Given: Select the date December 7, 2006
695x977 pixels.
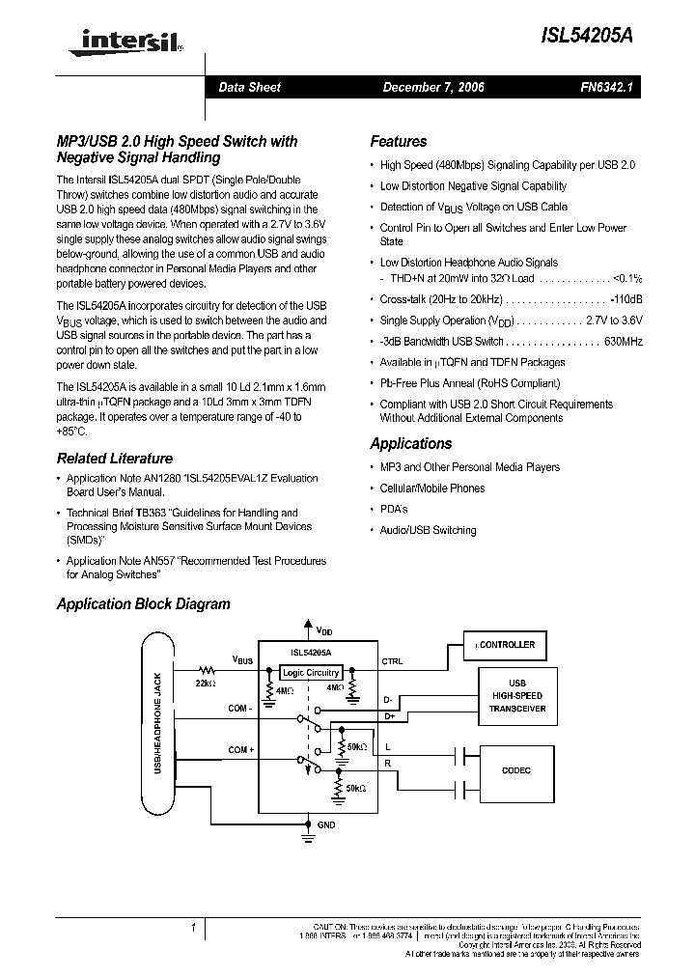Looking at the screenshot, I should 433,87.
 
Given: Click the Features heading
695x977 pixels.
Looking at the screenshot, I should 399,141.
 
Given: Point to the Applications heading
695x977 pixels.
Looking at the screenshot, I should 411,444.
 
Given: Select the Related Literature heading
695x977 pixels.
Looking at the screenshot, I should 115,459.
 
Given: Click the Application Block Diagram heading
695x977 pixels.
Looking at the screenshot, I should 144,604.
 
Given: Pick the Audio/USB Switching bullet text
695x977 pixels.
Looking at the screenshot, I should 428,530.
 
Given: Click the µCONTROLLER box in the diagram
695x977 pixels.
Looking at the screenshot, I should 503,644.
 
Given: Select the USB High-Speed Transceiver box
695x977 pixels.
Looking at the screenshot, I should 516,695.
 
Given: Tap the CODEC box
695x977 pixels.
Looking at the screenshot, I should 516,770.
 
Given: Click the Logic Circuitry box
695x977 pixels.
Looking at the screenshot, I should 311,672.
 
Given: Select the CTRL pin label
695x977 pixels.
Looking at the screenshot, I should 392,661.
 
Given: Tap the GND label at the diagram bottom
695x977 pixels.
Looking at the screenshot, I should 326,824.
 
